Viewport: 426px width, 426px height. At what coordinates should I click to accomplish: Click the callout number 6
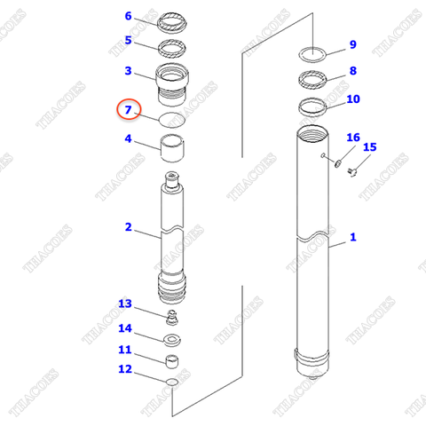129,16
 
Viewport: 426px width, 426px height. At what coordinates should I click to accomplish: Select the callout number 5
129,40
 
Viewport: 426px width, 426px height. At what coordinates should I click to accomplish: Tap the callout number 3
129,71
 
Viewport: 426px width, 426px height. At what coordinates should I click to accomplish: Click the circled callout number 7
129,110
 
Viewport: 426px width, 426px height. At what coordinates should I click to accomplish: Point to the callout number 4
129,139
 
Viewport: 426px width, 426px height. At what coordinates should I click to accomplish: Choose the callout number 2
129,227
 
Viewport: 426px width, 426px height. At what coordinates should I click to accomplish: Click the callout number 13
125,304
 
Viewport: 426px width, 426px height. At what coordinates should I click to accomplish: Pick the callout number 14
125,327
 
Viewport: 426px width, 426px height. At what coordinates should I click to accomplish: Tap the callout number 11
125,350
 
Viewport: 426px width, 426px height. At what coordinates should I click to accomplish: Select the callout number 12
125,369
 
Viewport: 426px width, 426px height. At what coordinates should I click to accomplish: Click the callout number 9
352,44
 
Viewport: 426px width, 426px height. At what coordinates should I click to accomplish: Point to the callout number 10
353,99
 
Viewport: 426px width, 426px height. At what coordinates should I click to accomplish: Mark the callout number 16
353,138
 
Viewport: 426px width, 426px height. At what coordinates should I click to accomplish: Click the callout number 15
370,147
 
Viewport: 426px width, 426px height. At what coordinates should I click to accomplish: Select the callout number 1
352,237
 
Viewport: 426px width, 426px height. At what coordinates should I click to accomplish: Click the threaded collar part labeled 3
172,83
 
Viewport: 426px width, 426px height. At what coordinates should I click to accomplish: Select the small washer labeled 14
172,339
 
